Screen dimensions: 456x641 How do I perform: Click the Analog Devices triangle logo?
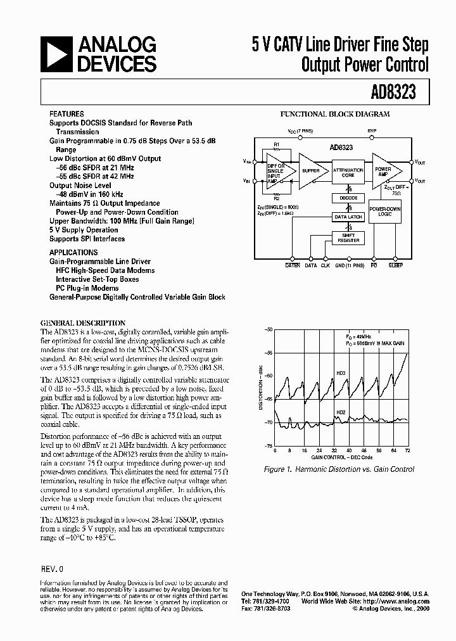point(56,54)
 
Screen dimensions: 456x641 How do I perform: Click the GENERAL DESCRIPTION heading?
point(83,322)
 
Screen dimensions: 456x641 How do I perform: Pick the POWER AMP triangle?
point(384,170)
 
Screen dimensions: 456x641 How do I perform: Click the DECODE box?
point(348,198)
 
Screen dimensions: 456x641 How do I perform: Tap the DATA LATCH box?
point(348,217)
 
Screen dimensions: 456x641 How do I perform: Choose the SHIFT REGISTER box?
point(348,238)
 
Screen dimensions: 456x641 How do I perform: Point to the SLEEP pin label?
point(396,265)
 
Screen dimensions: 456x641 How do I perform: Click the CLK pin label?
point(326,265)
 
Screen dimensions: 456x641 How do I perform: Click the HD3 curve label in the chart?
point(341,373)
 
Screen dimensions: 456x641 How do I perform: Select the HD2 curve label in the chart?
point(341,412)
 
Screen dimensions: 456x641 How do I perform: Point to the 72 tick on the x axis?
point(407,450)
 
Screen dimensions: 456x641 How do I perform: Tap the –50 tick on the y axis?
point(269,330)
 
